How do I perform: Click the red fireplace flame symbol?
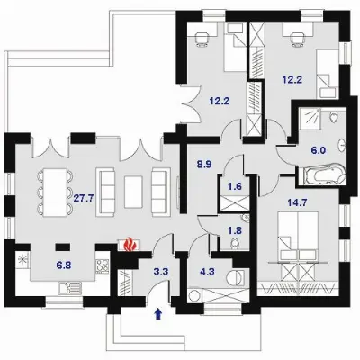130,244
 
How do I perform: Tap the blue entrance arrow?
158,314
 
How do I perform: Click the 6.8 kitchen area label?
64,265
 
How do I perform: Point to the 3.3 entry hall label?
160,272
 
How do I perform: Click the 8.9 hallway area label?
204,165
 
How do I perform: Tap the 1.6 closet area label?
235,186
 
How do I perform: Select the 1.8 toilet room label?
235,230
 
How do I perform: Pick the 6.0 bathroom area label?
319,150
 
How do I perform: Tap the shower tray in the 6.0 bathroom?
310,119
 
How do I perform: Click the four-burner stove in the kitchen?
103,265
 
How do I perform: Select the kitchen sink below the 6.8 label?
69,288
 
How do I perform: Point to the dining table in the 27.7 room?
55,193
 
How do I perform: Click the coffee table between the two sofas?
133,192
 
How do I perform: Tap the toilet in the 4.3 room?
236,277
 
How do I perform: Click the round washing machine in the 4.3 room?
193,296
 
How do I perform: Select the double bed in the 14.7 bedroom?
298,237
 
